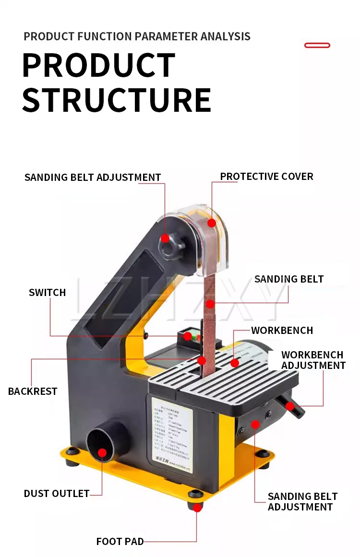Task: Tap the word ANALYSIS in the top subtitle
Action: [x=225, y=36]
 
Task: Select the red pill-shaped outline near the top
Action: [x=317, y=45]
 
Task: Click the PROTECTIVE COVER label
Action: [x=266, y=177]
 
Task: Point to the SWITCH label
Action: [x=47, y=293]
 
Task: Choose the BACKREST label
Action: [x=33, y=391]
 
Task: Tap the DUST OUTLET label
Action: [x=57, y=494]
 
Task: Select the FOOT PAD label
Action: [x=120, y=542]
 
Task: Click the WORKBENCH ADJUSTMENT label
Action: [x=313, y=360]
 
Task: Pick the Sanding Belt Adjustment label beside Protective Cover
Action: [x=93, y=178]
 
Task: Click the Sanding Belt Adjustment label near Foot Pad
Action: [x=302, y=502]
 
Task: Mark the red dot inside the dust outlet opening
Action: [x=102, y=452]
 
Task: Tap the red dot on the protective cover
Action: [x=211, y=223]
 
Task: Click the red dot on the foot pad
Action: [x=196, y=507]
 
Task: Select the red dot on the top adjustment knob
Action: [x=165, y=238]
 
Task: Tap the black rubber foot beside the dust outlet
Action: [x=72, y=451]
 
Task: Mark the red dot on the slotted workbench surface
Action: [x=235, y=363]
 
